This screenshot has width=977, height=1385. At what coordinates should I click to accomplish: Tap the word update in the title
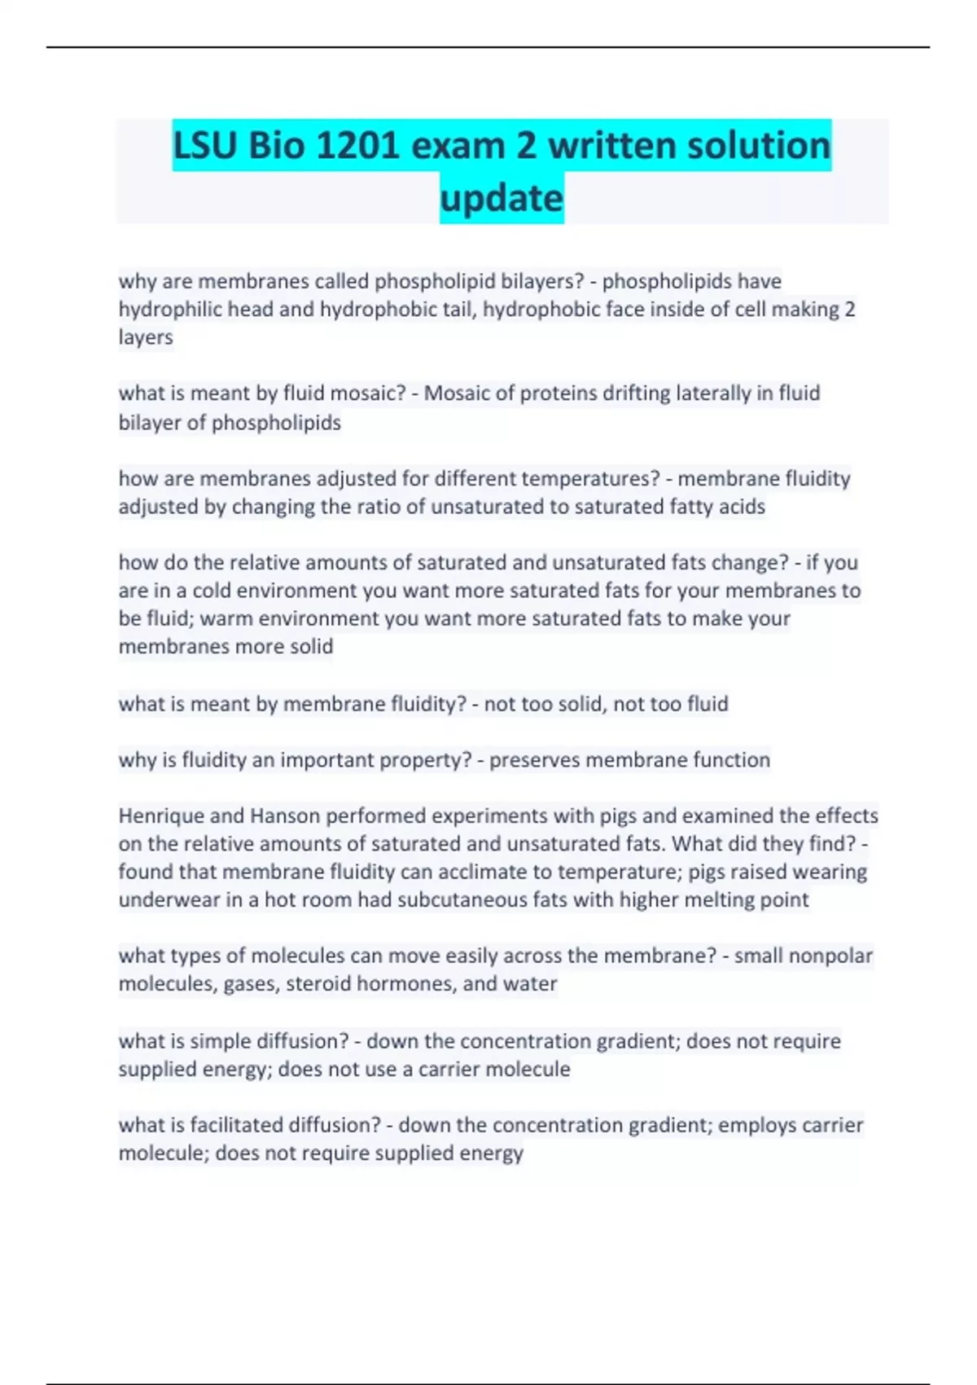(x=502, y=199)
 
